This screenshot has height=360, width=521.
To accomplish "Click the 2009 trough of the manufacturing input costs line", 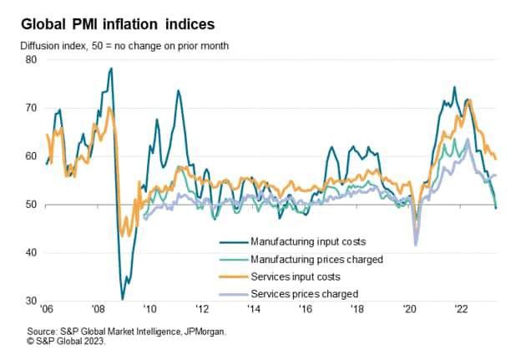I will point(122,298).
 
